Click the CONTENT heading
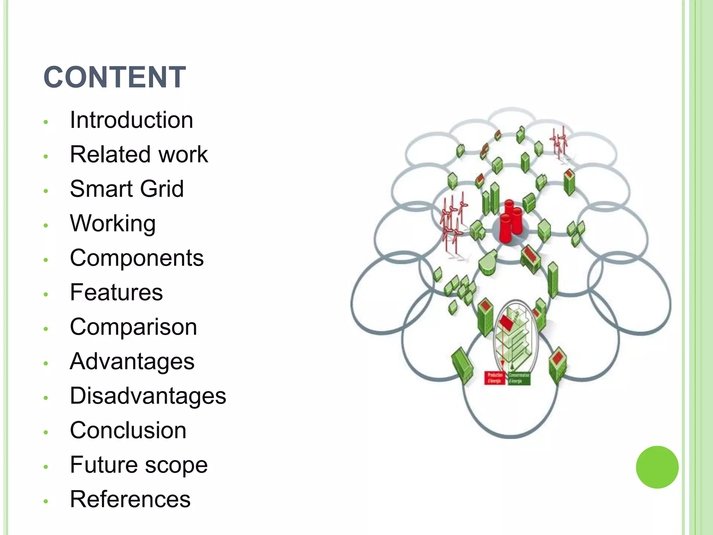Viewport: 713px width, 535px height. click(x=115, y=77)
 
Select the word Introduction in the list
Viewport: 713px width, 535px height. click(x=131, y=120)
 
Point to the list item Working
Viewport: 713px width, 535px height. click(x=113, y=223)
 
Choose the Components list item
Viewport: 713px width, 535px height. click(x=137, y=258)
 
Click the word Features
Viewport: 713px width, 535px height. click(x=116, y=292)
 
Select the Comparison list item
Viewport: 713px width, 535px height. click(x=133, y=327)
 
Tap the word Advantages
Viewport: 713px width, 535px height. click(x=132, y=361)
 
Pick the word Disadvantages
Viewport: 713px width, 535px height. click(x=148, y=396)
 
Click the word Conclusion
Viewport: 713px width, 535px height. click(x=128, y=430)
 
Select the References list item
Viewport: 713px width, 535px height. click(x=130, y=499)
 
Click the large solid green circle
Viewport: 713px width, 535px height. click(x=657, y=467)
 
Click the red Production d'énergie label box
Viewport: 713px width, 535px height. click(x=495, y=378)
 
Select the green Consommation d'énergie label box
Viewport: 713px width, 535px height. click(x=519, y=378)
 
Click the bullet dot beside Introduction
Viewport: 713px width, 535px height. click(x=46, y=122)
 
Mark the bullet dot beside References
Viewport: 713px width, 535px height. click(x=46, y=501)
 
